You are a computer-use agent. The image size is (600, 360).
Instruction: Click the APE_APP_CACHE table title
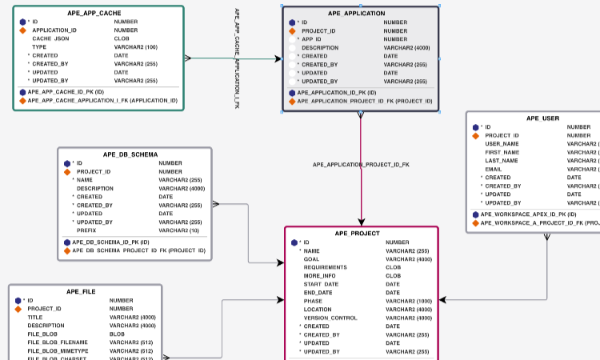pyautogui.click(x=98, y=14)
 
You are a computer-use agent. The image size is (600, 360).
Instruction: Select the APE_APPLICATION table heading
pyautogui.click(x=356, y=14)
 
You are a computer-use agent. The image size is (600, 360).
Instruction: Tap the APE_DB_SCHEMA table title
pyautogui.click(x=130, y=154)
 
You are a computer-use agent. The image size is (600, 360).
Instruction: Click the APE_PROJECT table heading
pyautogui.click(x=357, y=234)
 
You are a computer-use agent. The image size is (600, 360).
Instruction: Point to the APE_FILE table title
pyautogui.click(x=81, y=292)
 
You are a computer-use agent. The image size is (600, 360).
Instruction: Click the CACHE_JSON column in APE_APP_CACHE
pyautogui.click(x=50, y=38)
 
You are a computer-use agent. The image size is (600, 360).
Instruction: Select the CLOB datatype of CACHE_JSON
pyautogui.click(x=122, y=38)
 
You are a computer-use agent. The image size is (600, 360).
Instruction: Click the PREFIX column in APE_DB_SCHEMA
pyautogui.click(x=87, y=230)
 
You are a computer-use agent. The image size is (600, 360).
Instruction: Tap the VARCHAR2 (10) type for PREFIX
pyautogui.click(x=180, y=230)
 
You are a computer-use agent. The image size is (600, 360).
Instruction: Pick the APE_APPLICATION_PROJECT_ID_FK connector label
pyautogui.click(x=361, y=165)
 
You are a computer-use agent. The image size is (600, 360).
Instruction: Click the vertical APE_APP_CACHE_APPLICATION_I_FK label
pyautogui.click(x=238, y=58)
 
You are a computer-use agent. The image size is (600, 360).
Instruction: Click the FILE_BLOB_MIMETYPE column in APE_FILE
pyautogui.click(x=58, y=350)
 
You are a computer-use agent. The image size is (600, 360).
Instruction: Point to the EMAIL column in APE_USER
pyautogui.click(x=494, y=169)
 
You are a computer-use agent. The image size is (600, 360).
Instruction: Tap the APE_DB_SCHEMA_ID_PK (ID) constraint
pyautogui.click(x=111, y=242)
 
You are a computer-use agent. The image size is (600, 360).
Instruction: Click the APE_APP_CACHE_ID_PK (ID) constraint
pyautogui.click(x=66, y=92)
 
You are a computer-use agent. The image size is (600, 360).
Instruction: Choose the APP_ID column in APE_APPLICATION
pyautogui.click(x=311, y=39)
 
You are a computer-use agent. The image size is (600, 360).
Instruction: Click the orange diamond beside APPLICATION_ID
pyautogui.click(x=23, y=30)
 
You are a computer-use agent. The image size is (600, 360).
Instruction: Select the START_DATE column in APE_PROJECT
pyautogui.click(x=321, y=284)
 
